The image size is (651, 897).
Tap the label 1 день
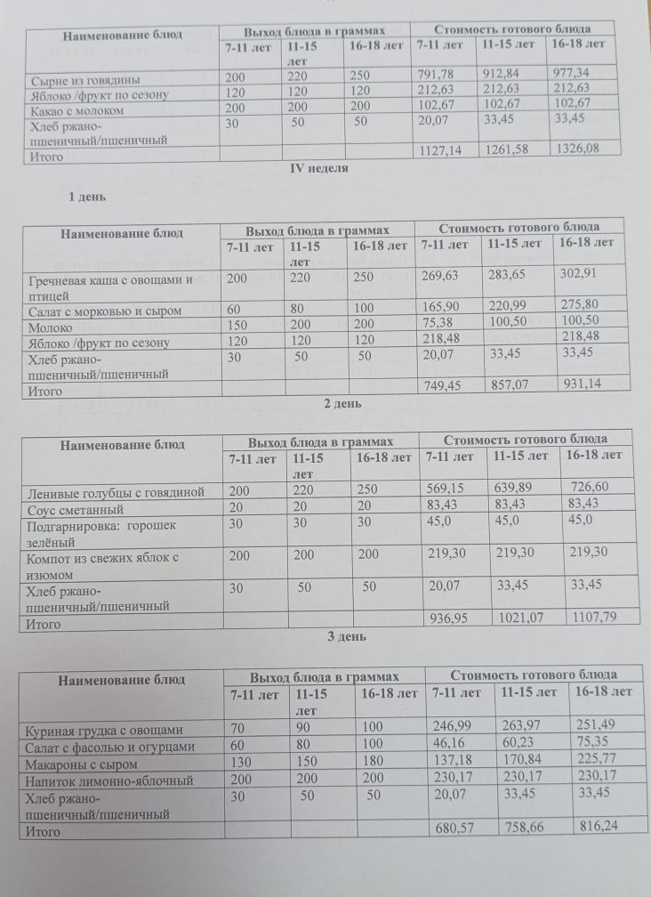(88, 198)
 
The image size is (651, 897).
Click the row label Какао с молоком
(76, 111)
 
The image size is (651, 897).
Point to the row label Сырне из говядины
(85, 79)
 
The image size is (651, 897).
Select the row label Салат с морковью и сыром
(106, 311)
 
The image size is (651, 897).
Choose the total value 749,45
(444, 384)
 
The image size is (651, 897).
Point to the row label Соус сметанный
(74, 510)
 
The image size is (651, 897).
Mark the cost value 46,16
(450, 746)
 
